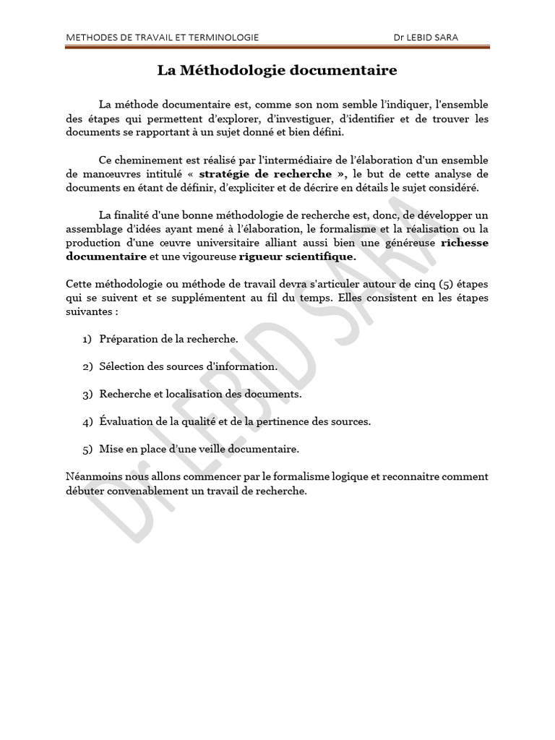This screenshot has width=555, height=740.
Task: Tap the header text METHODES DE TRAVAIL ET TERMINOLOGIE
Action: coord(163,37)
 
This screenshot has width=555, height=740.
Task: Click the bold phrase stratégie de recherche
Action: coord(265,174)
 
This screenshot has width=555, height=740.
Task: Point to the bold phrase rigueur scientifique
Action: coord(297,256)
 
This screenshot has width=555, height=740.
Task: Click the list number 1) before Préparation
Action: coord(87,339)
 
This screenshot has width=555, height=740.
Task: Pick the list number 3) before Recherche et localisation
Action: coord(87,394)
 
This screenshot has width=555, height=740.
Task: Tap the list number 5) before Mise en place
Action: coord(87,449)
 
